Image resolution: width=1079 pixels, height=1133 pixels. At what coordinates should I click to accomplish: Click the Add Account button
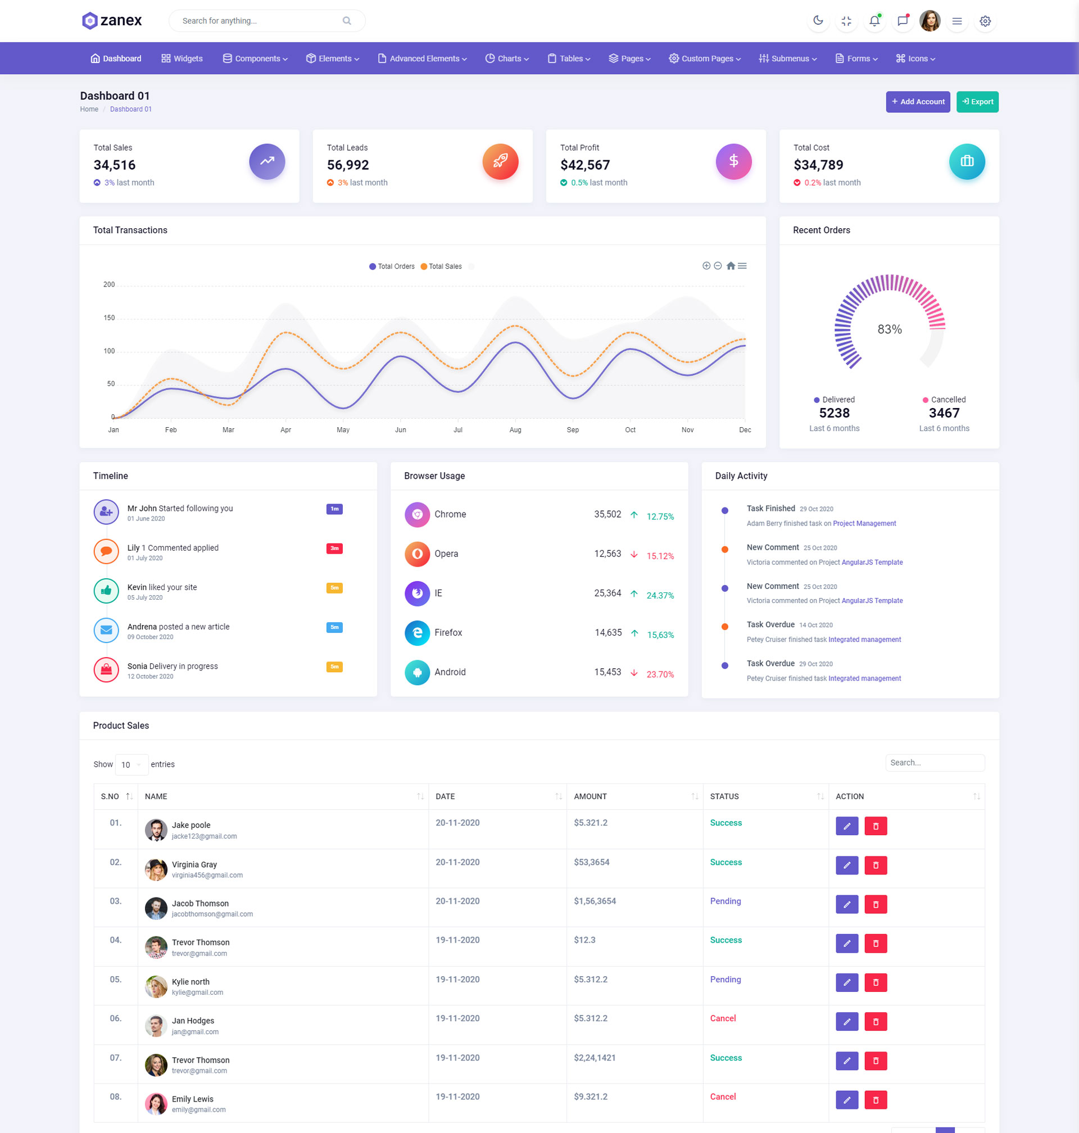tap(917, 102)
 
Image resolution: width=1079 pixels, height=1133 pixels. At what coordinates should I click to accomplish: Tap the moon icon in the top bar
tap(818, 21)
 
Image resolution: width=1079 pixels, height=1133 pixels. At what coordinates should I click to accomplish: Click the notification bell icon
tap(874, 21)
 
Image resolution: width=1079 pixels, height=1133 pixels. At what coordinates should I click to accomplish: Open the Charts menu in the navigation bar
tap(507, 58)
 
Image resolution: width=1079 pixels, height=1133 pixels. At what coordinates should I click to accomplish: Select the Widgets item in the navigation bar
tap(182, 58)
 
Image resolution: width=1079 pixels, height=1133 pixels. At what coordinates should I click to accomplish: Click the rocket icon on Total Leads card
tap(500, 161)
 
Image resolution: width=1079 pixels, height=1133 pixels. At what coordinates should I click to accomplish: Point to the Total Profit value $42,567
tap(585, 165)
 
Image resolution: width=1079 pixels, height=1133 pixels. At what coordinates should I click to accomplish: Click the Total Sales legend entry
tap(441, 266)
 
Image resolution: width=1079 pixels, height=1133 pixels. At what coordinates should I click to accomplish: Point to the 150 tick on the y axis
tap(108, 318)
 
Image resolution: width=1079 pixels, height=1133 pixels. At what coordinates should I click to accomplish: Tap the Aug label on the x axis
tap(515, 429)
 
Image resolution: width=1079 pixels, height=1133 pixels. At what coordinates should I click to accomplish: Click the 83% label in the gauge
tap(889, 329)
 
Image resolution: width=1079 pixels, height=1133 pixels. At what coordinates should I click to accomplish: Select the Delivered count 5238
tap(834, 413)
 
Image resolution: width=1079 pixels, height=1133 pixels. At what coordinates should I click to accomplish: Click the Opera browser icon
tap(417, 554)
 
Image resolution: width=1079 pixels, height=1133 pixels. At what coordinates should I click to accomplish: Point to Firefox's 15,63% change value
tap(660, 635)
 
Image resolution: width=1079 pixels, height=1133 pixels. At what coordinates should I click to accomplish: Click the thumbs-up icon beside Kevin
tap(106, 591)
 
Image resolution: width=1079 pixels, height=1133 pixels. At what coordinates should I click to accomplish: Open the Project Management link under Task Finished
tap(864, 523)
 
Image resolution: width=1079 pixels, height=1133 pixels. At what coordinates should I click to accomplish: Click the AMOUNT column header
tap(591, 796)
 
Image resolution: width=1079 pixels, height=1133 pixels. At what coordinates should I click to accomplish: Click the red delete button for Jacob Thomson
tap(876, 904)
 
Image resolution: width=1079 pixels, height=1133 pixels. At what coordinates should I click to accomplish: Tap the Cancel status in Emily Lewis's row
tap(723, 1097)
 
